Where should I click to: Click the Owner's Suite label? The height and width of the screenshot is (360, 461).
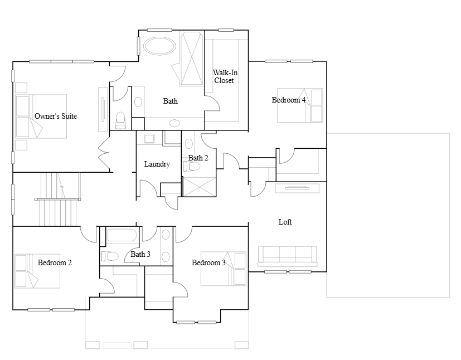click(x=56, y=116)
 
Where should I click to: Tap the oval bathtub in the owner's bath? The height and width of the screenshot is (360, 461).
click(x=159, y=46)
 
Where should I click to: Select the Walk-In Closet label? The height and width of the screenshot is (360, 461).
click(x=225, y=76)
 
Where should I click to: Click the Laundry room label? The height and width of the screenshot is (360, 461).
click(x=157, y=164)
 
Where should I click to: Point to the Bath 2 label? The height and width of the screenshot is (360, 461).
click(x=198, y=158)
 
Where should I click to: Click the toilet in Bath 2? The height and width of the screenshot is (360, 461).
click(x=191, y=166)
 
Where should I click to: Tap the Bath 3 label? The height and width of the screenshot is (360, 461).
click(x=140, y=254)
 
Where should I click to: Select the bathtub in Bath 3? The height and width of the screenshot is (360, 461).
click(x=122, y=235)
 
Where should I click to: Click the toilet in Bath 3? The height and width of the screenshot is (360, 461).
click(x=110, y=256)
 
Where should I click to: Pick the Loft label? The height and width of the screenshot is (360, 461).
click(x=285, y=222)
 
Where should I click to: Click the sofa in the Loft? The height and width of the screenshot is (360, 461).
click(x=287, y=256)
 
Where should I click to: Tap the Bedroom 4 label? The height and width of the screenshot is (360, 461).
click(x=289, y=100)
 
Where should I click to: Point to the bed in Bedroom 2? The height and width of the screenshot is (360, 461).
click(x=37, y=271)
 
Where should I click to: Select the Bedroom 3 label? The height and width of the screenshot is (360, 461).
click(x=208, y=262)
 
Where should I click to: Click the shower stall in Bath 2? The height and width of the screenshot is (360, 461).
click(x=200, y=187)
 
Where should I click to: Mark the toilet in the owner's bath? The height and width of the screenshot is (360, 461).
click(x=120, y=120)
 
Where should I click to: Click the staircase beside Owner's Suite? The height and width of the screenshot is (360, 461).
click(x=58, y=200)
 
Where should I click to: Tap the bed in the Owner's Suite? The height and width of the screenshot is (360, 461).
click(x=41, y=116)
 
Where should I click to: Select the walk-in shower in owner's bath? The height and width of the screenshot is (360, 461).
click(x=192, y=59)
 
